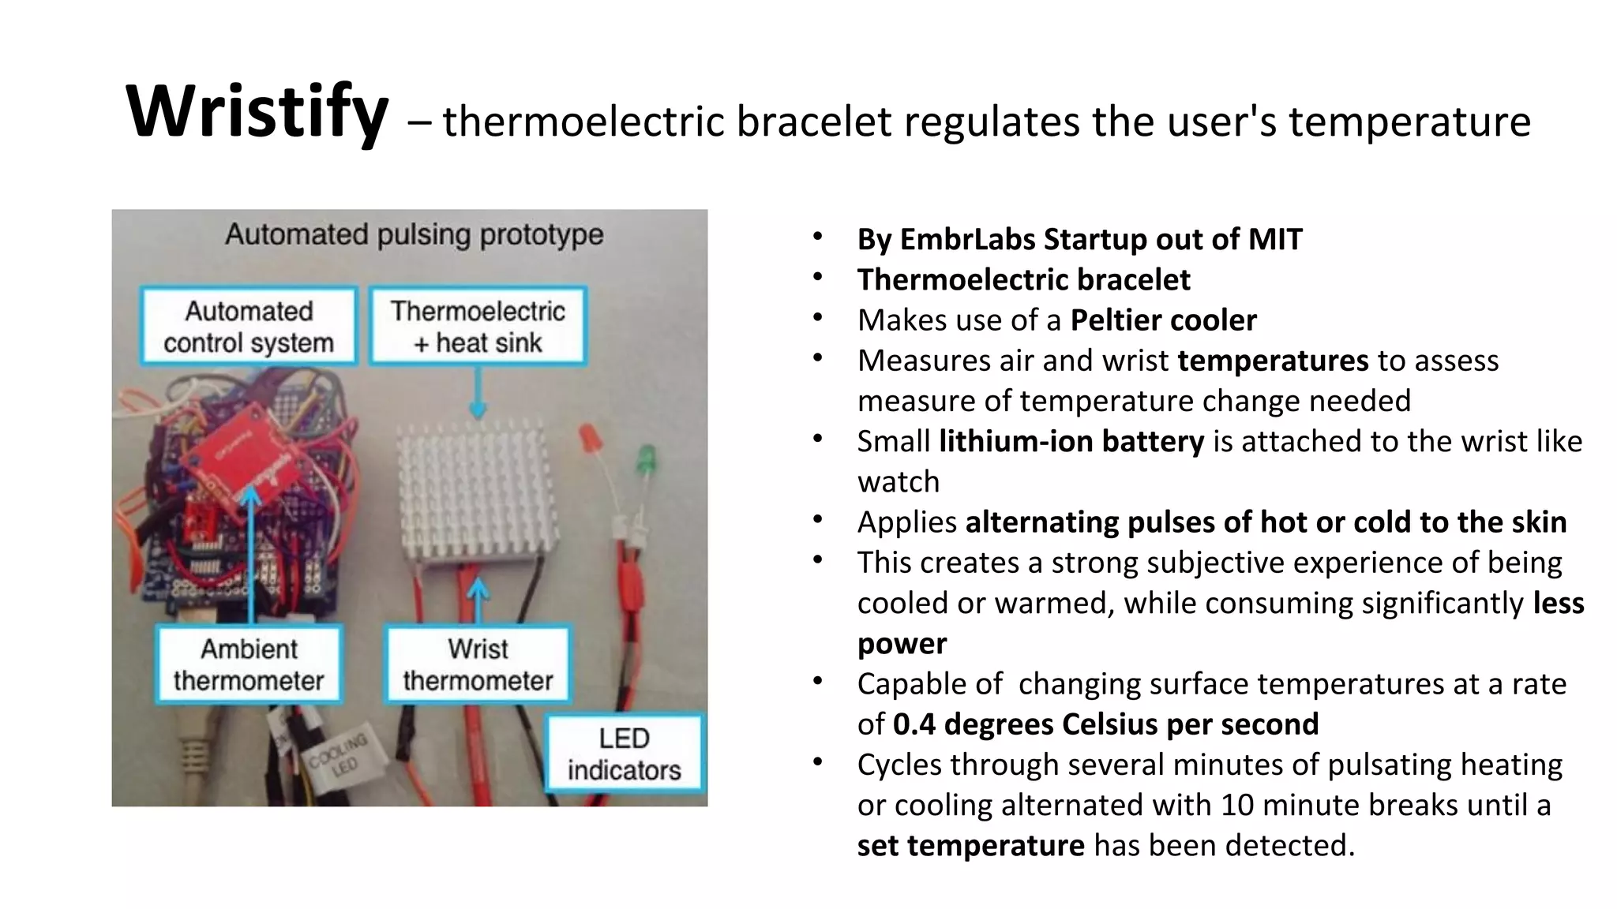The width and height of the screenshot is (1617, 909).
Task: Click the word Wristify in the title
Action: click(257, 112)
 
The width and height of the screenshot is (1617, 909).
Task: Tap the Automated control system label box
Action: click(249, 327)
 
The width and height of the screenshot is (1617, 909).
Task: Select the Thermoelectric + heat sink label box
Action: click(478, 327)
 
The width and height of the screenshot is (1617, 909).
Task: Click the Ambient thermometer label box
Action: click(249, 664)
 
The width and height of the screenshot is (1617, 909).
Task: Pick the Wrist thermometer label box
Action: click(478, 664)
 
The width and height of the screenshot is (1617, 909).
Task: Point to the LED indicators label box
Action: click(624, 754)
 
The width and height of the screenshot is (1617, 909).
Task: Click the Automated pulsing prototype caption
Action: click(414, 234)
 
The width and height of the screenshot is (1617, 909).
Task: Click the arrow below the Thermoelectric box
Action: click(478, 395)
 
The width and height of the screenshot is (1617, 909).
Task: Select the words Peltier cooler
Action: click(1163, 320)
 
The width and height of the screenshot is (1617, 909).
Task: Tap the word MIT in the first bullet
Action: click(1275, 239)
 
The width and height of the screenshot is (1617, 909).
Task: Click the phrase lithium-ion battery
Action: click(1071, 441)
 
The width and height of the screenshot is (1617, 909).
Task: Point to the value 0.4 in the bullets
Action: click(914, 724)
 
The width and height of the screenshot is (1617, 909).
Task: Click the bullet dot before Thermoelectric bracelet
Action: click(818, 278)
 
